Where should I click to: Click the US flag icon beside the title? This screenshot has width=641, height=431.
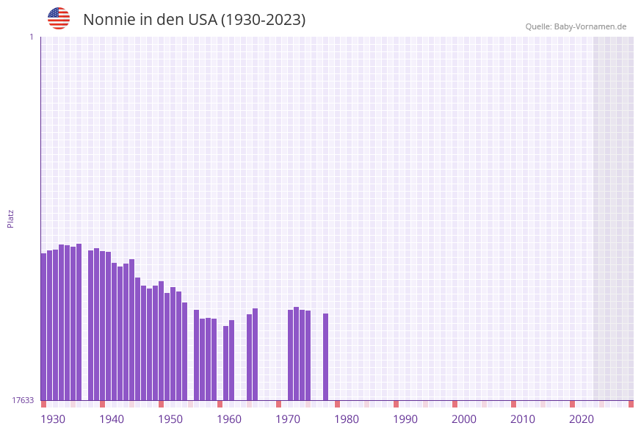[59, 18]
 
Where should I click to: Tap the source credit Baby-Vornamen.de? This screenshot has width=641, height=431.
[576, 26]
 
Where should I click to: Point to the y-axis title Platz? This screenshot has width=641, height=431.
[11, 218]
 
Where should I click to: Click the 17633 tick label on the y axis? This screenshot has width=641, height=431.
[22, 400]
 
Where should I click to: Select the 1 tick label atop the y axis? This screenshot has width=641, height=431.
[31, 37]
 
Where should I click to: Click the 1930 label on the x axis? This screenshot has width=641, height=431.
[53, 419]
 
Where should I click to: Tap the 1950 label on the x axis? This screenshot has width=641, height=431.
[170, 419]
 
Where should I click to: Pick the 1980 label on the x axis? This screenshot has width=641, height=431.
[347, 419]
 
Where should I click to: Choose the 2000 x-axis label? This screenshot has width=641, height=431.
[464, 419]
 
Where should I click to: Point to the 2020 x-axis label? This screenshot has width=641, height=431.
[582, 419]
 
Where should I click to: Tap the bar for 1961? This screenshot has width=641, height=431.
[226, 363]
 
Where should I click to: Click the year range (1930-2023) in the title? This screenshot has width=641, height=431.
[263, 20]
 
